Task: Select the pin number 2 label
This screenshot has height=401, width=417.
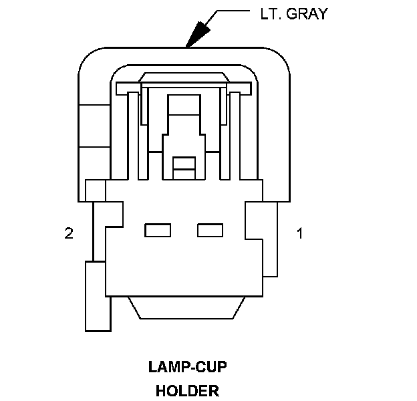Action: [68, 233]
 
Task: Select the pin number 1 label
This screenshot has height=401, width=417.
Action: [300, 233]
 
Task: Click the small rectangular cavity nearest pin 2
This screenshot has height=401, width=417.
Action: [158, 231]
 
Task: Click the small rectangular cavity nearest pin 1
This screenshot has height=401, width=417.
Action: [210, 231]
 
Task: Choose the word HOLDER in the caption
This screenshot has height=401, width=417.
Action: [187, 390]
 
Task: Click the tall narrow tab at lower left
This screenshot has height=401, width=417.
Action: [97, 295]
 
